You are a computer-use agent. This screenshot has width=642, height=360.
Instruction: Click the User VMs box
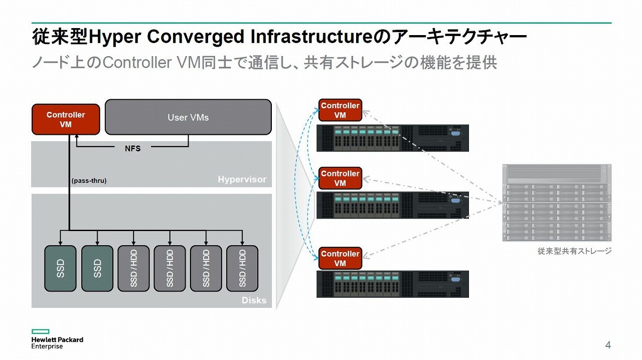pyautogui.click(x=188, y=117)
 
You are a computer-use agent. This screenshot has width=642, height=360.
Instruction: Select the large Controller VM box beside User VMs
pyautogui.click(x=66, y=119)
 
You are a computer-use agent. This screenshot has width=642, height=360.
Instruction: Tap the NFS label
pyautogui.click(x=133, y=148)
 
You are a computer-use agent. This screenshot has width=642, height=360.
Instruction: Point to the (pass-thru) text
pyautogui.click(x=89, y=181)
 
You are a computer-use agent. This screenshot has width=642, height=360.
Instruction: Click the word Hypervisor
pyautogui.click(x=242, y=179)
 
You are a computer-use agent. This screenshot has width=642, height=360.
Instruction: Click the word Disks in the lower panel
pyautogui.click(x=254, y=300)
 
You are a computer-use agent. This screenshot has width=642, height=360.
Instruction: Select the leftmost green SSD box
pyautogui.click(x=60, y=268)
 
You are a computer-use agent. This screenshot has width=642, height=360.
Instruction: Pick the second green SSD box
pyautogui.click(x=97, y=268)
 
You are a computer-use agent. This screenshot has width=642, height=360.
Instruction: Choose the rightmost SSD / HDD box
pyautogui.click(x=242, y=268)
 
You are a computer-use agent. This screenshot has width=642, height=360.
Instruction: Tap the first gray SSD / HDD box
pyautogui.click(x=133, y=268)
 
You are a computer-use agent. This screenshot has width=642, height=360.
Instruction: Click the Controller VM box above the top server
pyautogui.click(x=340, y=110)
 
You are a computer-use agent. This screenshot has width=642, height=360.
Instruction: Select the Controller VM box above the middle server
pyautogui.click(x=340, y=178)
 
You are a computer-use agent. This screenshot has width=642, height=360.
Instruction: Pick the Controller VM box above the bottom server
pyautogui.click(x=340, y=258)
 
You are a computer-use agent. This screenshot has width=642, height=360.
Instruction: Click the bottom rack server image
pyautogui.click(x=393, y=284)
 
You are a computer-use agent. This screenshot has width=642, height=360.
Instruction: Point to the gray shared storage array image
pyautogui.click(x=557, y=203)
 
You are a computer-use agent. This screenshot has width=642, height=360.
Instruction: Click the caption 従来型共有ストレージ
pyautogui.click(x=575, y=251)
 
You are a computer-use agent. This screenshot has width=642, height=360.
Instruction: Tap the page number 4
pyautogui.click(x=608, y=345)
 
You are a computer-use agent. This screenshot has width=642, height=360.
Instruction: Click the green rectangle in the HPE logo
pyautogui.click(x=41, y=331)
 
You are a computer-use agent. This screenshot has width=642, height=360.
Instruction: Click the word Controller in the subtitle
pyautogui.click(x=137, y=63)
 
